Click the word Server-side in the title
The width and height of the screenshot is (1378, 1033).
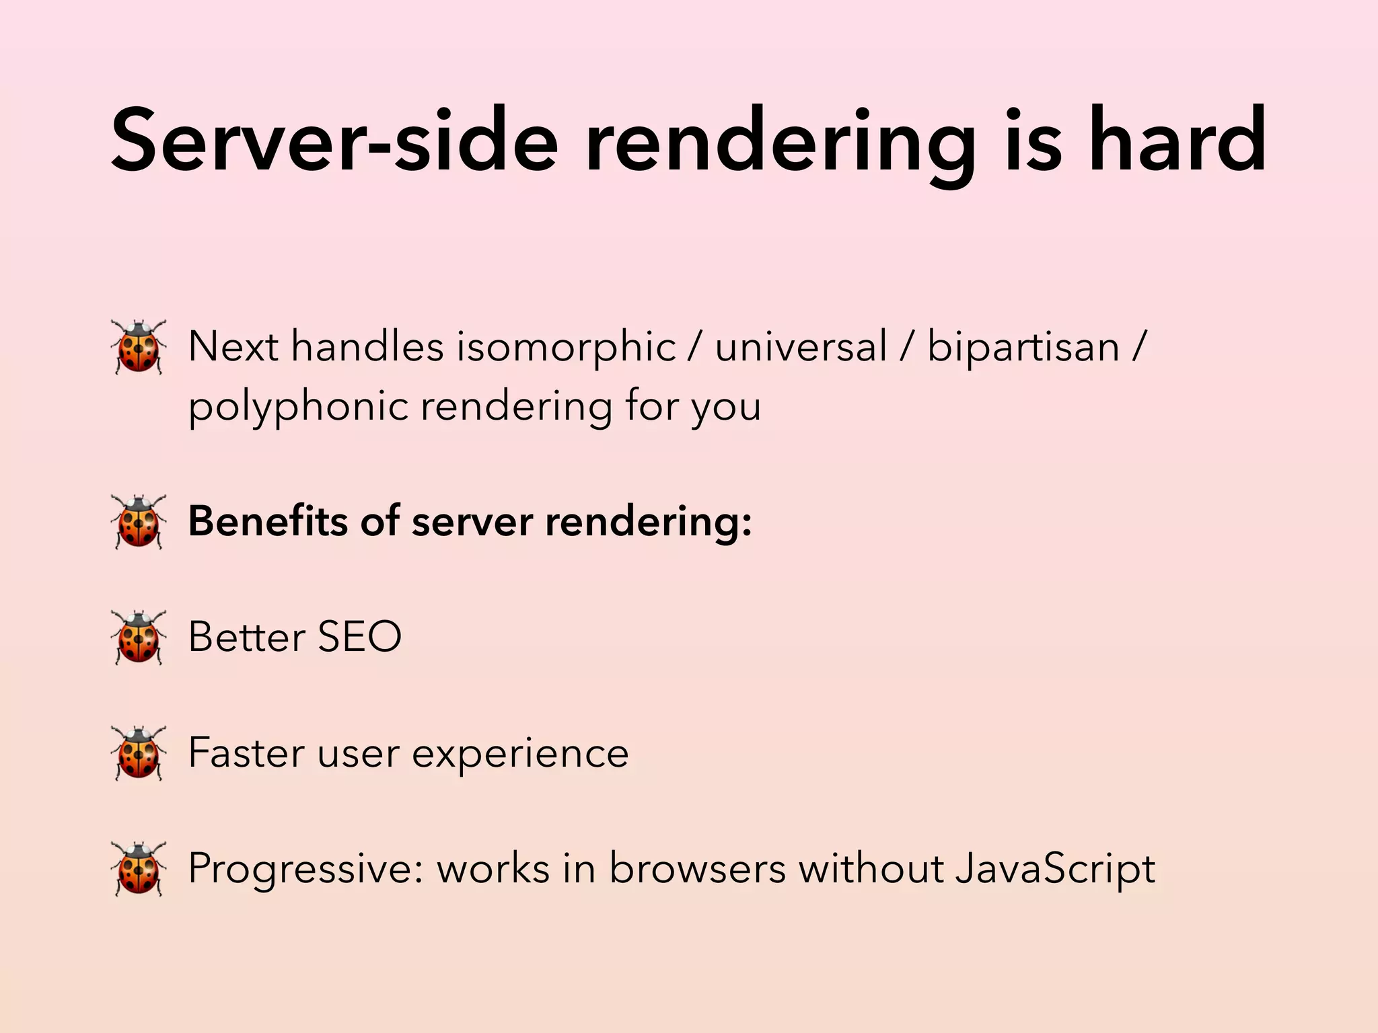334,141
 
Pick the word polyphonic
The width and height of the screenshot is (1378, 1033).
298,408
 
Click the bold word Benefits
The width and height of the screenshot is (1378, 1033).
268,521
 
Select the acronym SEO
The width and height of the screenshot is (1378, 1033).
359,637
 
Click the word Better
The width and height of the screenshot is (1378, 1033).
246,637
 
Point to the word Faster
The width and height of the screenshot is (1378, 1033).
247,753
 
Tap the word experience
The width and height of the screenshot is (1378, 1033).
520,754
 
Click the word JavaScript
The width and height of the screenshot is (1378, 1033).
1055,869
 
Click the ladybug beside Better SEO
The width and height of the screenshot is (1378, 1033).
139,637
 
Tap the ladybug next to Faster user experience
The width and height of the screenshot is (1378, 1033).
139,753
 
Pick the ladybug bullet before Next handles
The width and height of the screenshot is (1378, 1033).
139,347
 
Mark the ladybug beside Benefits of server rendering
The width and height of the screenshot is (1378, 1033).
139,521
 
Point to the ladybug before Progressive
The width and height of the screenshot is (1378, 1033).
139,868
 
